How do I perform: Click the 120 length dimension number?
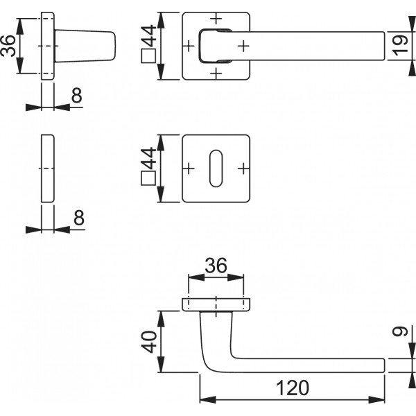[x=292, y=389]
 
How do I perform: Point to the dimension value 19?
[x=398, y=46]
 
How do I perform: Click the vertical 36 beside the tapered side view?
[x=9, y=47]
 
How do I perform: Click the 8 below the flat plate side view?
[x=78, y=218]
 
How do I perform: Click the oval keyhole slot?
[x=216, y=168]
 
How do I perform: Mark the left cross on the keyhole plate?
[x=190, y=168]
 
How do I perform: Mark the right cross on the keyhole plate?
[x=243, y=168]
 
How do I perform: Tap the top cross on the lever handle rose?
[x=216, y=18]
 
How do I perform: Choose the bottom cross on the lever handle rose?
[x=216, y=73]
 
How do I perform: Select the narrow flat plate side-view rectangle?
[x=46, y=168]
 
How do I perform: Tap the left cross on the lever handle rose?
[x=190, y=46]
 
